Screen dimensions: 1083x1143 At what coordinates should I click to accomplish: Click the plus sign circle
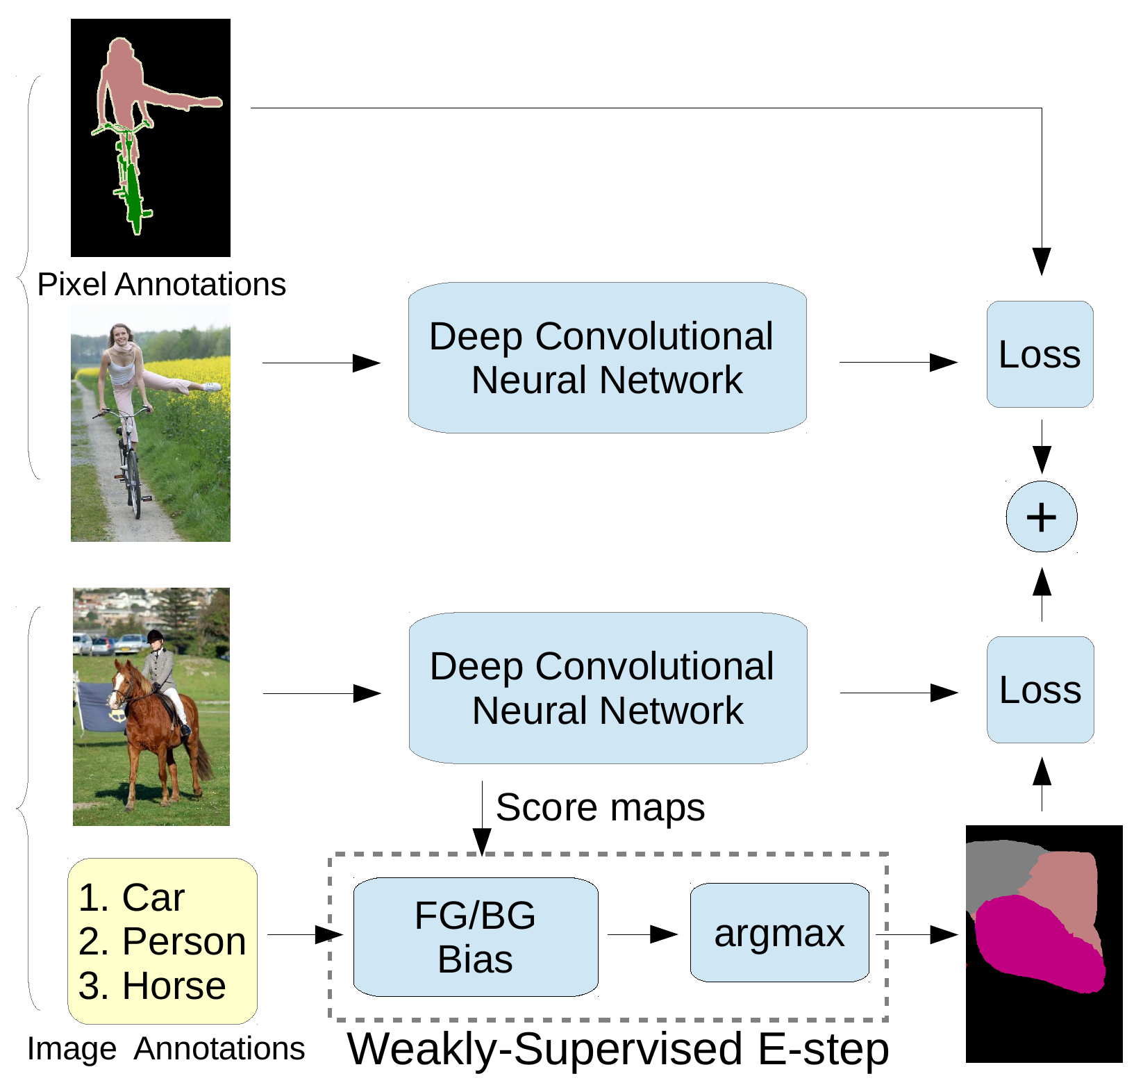pos(1041,517)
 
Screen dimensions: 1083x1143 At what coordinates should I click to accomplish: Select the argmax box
pos(779,933)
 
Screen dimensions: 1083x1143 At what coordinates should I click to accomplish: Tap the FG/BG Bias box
pos(476,937)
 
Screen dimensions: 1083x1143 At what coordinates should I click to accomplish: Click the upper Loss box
pos(1040,354)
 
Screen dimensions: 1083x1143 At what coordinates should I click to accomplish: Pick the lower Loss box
pos(1040,690)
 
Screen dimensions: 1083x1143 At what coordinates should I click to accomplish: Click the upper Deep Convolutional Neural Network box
pos(607,358)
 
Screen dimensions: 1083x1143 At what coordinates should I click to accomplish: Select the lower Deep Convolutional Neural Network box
pos(608,688)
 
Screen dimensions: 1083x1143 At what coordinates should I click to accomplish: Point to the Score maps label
pos(600,807)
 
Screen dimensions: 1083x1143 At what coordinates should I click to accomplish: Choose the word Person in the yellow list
pos(184,942)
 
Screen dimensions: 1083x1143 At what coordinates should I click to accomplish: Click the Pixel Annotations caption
pos(161,284)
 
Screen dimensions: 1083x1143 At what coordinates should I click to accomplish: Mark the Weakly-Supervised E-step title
pos(617,1048)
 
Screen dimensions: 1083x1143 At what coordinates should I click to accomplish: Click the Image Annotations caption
pos(166,1049)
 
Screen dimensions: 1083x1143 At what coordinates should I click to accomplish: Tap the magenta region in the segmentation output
pos(1035,945)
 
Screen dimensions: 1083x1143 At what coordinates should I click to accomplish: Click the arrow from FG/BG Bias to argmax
pos(643,934)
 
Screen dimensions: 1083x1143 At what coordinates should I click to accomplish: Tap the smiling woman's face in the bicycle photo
pos(121,337)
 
